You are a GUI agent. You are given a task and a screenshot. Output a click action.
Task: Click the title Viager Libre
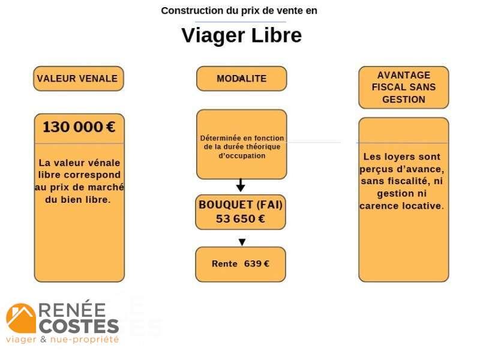[241, 35]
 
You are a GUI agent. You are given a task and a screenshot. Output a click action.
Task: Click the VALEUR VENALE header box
[78, 79]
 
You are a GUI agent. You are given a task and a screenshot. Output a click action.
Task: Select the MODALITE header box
[241, 79]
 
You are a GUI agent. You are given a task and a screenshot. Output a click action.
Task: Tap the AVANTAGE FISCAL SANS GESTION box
[403, 87]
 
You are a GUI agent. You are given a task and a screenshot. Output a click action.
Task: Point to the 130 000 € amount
[79, 127]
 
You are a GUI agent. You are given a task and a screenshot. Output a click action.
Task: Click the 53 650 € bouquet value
[241, 219]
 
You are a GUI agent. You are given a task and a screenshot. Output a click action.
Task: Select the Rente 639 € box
[241, 264]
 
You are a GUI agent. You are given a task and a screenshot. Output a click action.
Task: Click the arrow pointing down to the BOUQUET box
[241, 184]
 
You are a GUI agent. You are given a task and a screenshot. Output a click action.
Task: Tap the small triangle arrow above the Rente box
[242, 242]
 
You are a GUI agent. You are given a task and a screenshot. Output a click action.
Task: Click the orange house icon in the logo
[21, 318]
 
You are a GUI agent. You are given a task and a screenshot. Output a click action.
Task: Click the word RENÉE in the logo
[72, 310]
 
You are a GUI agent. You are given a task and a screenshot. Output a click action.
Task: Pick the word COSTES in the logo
[79, 326]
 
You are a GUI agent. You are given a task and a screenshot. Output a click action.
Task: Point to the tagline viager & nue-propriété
[62, 340]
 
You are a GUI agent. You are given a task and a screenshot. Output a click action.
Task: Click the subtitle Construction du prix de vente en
[239, 11]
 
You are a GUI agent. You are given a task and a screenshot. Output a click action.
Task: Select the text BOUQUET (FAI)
[241, 205]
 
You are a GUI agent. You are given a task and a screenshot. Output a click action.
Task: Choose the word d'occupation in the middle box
[242, 155]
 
